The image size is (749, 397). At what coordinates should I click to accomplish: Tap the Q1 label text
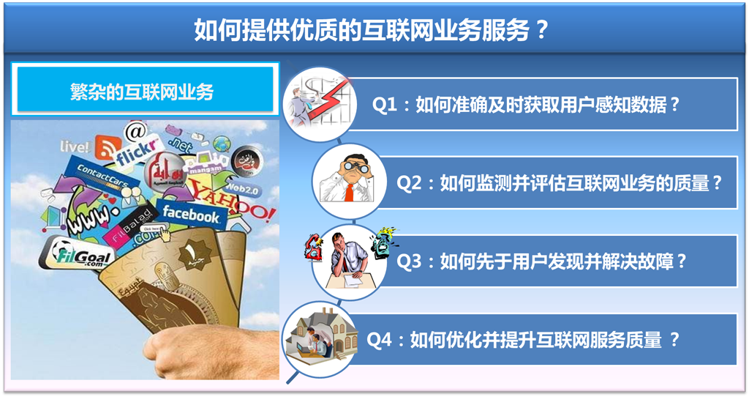coord(527,105)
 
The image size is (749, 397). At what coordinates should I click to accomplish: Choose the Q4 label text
coord(523,340)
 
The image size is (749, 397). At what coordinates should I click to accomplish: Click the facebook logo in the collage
coord(190,215)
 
